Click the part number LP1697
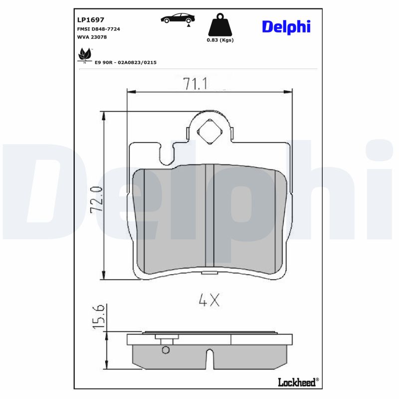click(90, 19)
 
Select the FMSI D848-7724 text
click(98, 29)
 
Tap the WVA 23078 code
click(92, 37)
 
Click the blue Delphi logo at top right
click(286, 26)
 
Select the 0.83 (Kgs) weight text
click(220, 40)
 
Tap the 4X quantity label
click(209, 300)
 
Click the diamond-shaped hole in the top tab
click(209, 132)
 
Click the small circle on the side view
click(167, 350)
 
